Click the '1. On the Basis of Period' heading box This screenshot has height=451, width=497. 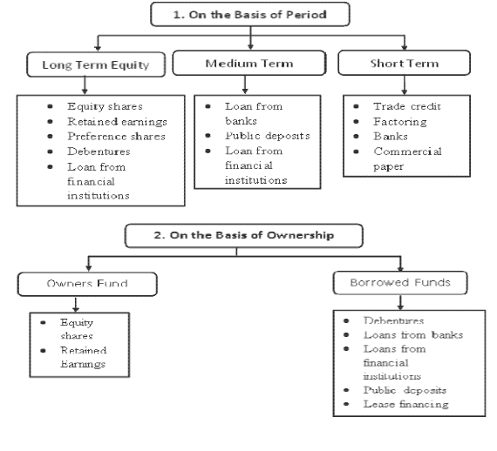(250, 14)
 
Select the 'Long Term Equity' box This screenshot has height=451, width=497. (96, 64)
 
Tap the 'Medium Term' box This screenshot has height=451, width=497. (249, 63)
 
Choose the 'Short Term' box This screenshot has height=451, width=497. (404, 63)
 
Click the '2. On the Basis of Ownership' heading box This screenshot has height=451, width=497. (244, 235)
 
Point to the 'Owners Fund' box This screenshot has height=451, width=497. (87, 284)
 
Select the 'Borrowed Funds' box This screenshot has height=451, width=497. (400, 283)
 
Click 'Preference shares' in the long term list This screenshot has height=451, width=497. (116, 137)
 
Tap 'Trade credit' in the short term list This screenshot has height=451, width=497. (407, 106)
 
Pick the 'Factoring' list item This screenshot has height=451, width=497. (400, 122)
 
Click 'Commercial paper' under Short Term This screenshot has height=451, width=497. (407, 158)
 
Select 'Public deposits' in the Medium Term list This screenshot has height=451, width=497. (268, 136)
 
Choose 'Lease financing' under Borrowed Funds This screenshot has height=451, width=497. (406, 404)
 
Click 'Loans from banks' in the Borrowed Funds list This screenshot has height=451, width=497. (413, 334)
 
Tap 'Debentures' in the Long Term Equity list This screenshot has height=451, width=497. (99, 151)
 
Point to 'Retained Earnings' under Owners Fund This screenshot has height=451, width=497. (84, 357)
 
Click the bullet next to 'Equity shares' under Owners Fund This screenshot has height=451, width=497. (43, 323)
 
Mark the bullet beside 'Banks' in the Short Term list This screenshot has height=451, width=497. (356, 137)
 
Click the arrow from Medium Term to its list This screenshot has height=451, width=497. (245, 84)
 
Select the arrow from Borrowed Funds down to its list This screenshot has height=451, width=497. (400, 303)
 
